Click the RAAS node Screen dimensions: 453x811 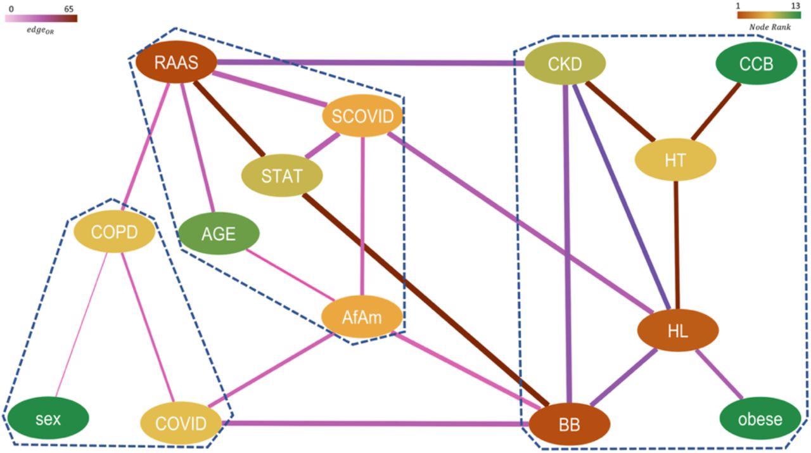176,63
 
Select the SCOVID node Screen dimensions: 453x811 362,117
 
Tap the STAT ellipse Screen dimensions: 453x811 282,175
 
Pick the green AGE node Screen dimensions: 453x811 219,234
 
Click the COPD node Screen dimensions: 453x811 114,232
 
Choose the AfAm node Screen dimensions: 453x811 362,317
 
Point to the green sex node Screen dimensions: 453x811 48,418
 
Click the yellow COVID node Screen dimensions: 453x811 181,423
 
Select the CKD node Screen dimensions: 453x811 565,63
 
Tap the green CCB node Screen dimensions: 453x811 756,64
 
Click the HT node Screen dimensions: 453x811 675,160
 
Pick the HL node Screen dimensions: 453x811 677,331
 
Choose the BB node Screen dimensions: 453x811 569,424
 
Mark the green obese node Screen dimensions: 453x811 760,419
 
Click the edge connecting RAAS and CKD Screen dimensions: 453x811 371,63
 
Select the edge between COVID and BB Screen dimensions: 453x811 374,423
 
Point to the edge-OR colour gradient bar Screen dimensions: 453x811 41,18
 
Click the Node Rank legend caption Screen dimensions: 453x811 769,27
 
